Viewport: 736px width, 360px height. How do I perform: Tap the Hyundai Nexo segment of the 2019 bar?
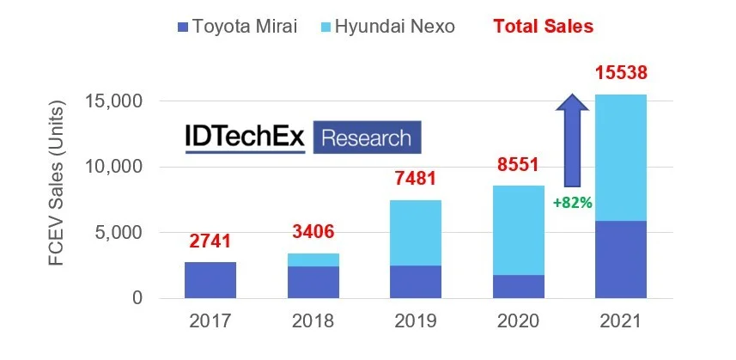pyautogui.click(x=416, y=233)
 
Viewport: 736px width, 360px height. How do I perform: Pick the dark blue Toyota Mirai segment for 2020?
pyautogui.click(x=518, y=286)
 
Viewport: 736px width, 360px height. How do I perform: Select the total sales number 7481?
pyautogui.click(x=416, y=179)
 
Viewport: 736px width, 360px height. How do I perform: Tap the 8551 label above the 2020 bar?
pyautogui.click(x=518, y=165)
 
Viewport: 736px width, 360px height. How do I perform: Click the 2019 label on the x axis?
pyautogui.click(x=416, y=322)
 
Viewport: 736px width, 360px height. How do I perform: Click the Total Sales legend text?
pyautogui.click(x=543, y=27)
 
